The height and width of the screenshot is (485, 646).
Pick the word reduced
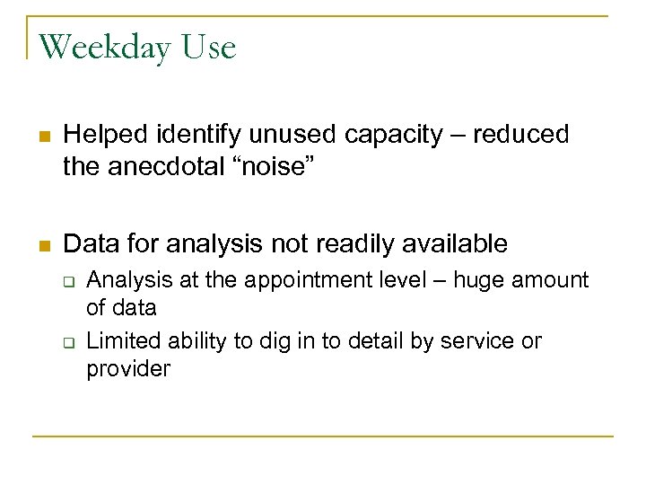(x=523, y=135)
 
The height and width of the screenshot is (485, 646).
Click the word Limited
(x=118, y=341)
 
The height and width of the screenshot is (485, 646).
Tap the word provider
(x=127, y=369)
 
